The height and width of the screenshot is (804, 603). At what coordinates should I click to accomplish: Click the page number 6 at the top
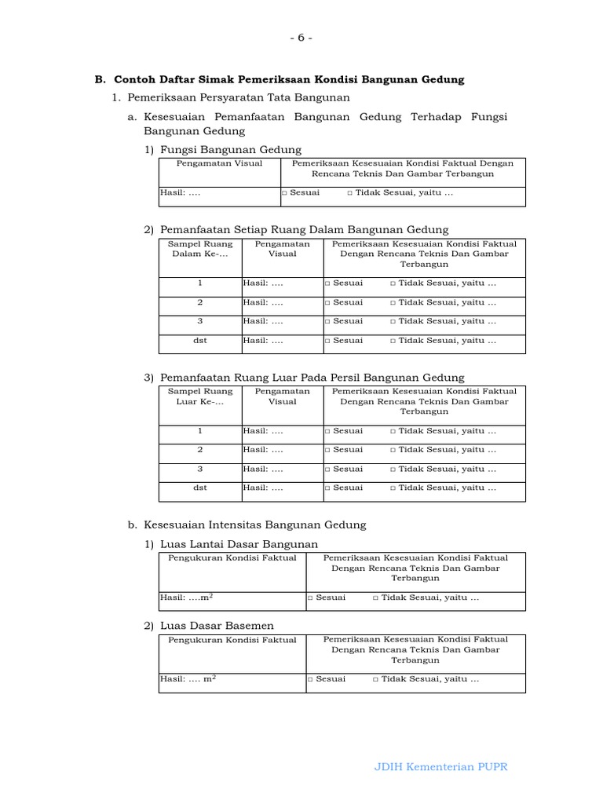click(x=301, y=38)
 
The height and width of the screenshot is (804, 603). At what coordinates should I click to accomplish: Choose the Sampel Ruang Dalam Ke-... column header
click(x=200, y=249)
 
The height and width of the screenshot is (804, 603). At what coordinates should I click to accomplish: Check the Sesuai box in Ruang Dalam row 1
click(x=328, y=283)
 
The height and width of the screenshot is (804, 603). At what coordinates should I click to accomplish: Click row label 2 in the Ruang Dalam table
click(x=200, y=302)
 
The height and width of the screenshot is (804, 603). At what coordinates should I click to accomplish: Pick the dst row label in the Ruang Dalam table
click(x=200, y=341)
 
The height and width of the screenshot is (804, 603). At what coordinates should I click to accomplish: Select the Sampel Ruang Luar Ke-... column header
click(x=200, y=397)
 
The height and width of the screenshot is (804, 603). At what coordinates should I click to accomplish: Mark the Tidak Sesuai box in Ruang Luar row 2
click(x=393, y=450)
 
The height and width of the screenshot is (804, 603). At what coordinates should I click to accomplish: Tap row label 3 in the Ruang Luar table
click(x=200, y=469)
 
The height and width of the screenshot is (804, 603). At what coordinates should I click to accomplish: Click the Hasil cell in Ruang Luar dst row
click(x=263, y=488)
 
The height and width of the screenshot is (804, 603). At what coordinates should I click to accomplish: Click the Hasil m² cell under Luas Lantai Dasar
click(x=188, y=598)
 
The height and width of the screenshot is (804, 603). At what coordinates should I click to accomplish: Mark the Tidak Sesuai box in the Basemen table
click(x=376, y=680)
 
